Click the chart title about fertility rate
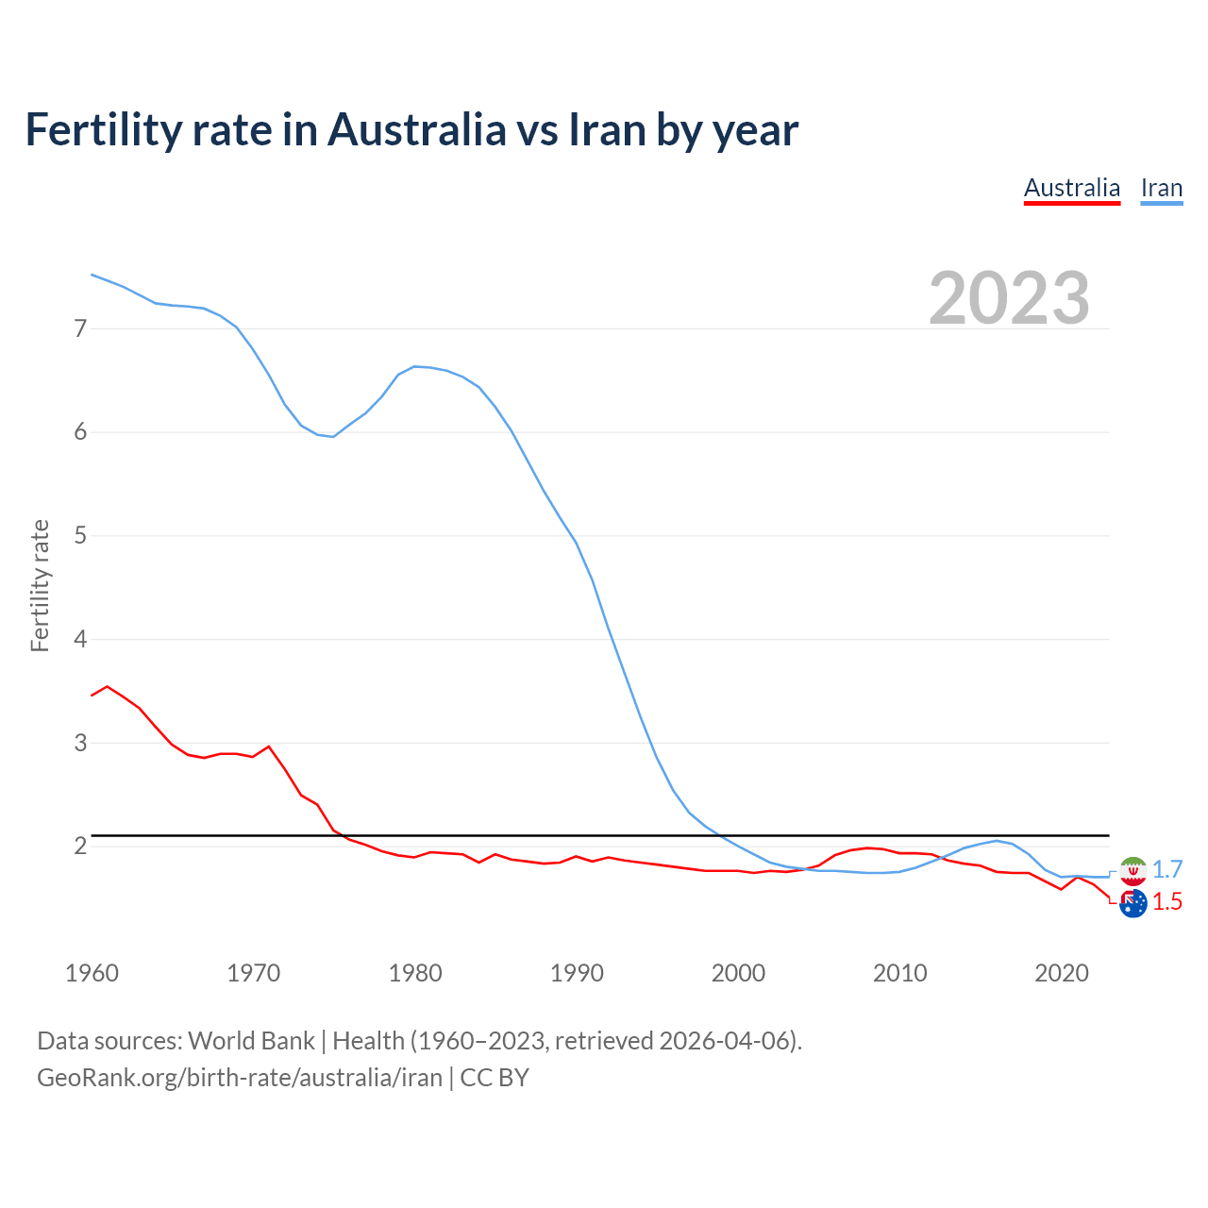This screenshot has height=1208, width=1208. (x=411, y=130)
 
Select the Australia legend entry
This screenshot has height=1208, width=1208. (x=1071, y=188)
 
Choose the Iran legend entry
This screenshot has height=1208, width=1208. (x=1161, y=188)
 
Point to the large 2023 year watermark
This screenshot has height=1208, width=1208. (x=1009, y=298)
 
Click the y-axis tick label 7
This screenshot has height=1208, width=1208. (x=80, y=328)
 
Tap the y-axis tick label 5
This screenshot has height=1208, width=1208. (x=80, y=536)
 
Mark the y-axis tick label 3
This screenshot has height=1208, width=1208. (x=80, y=743)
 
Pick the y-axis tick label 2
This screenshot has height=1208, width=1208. (x=80, y=846)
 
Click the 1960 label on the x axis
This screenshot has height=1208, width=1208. (x=92, y=973)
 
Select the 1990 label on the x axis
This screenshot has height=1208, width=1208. (x=577, y=973)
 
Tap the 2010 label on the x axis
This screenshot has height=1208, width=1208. (x=899, y=973)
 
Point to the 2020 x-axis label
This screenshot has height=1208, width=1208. (x=1062, y=973)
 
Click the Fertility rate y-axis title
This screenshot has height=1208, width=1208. (x=40, y=585)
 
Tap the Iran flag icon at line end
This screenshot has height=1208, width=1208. (x=1132, y=870)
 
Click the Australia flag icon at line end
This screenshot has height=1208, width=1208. (x=1132, y=903)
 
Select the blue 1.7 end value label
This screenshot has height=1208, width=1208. (x=1167, y=869)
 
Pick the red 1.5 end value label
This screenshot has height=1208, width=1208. (x=1167, y=902)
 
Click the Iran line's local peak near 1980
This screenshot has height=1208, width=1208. (x=415, y=366)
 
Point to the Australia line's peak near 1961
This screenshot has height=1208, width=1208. (x=108, y=686)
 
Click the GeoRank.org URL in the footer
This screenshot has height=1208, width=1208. (x=240, y=1078)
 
